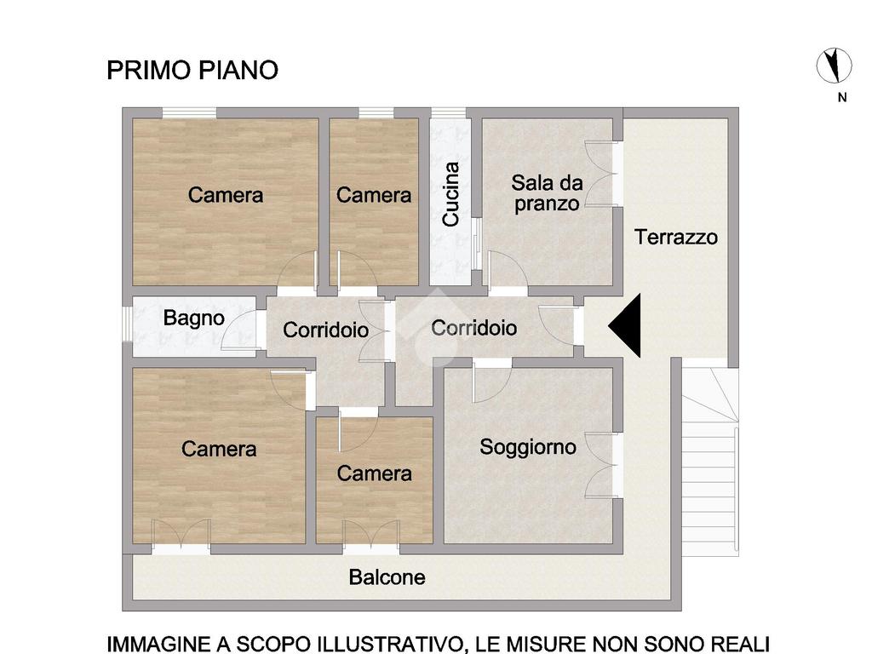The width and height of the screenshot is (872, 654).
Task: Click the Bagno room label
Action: point(193,318)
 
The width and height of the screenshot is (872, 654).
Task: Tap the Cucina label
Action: point(450,194)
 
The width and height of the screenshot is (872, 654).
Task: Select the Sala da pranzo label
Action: point(548,193)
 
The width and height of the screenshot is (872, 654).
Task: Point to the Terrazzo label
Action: point(675,237)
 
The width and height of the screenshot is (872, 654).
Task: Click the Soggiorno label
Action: point(528,447)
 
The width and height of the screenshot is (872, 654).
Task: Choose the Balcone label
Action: point(387,577)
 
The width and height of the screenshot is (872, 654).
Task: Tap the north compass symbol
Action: point(834,66)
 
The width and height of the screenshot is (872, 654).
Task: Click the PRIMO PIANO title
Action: point(192,70)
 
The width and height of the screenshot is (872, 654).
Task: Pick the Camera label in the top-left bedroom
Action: point(225,195)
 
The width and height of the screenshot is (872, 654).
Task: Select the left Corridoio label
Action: point(325,330)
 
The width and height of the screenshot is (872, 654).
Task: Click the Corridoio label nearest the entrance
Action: point(473,328)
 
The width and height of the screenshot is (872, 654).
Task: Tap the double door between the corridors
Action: point(374,331)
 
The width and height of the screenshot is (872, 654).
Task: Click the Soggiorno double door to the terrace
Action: point(602,466)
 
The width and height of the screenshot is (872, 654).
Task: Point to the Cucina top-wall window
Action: point(449,113)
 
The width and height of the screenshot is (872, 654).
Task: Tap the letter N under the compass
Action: point(842,97)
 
